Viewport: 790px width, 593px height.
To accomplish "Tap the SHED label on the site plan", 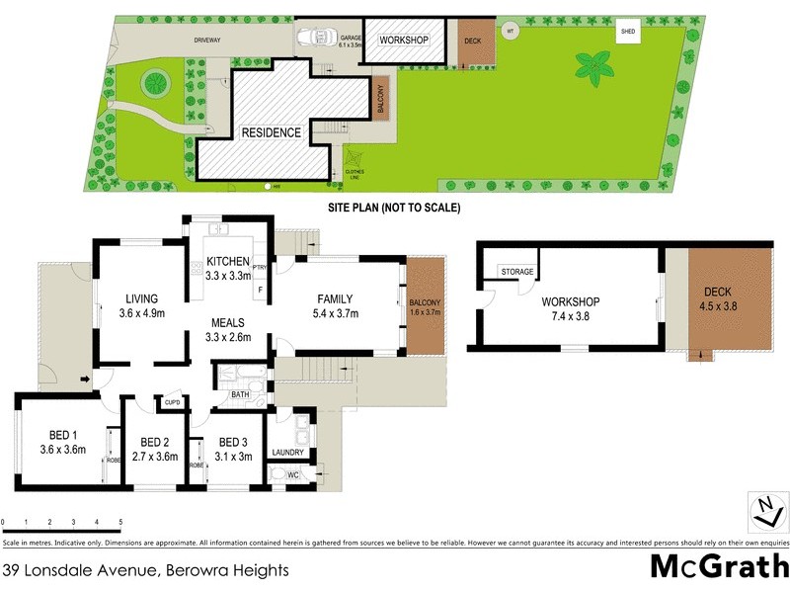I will point(628,32).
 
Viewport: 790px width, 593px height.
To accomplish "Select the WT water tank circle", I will point(511,30).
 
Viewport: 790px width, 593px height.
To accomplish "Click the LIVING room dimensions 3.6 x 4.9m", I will point(142,314).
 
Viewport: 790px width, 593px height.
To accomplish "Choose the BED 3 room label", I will point(235,441).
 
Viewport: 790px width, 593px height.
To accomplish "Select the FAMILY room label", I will point(335,299).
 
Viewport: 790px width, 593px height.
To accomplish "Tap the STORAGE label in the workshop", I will point(516,272).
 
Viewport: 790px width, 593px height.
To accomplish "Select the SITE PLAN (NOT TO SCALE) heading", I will point(394,209).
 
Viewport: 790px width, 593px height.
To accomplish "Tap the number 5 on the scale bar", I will point(120,521).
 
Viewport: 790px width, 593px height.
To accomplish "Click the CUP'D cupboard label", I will point(171,402).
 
